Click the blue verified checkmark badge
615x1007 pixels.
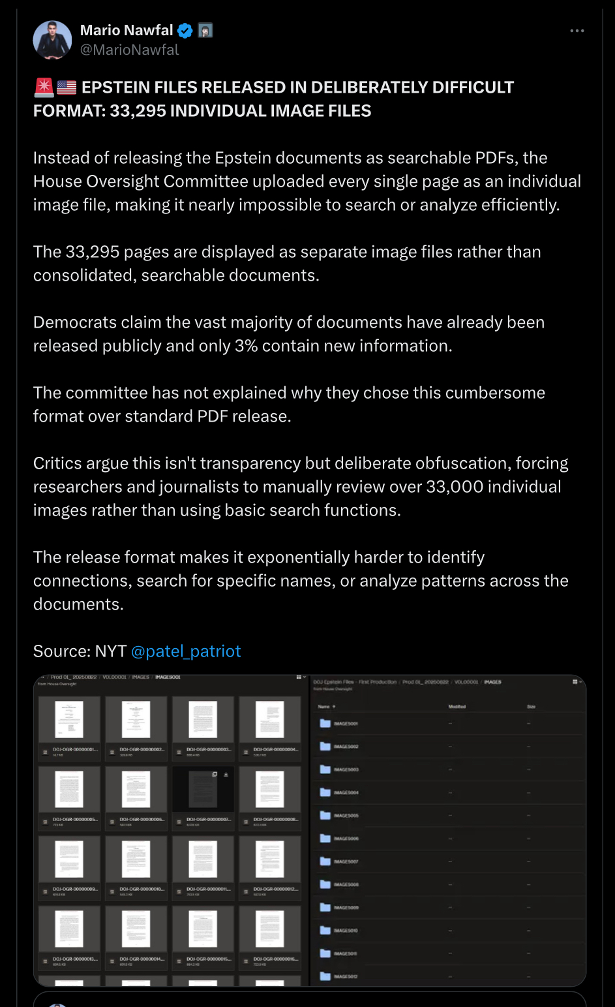click(185, 31)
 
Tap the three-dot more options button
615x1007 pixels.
click(577, 31)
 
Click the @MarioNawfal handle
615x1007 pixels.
click(129, 50)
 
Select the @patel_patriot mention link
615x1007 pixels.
click(186, 651)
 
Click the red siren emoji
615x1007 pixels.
click(44, 87)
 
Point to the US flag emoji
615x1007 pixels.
click(67, 87)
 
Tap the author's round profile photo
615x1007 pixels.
click(52, 40)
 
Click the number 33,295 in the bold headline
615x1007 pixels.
click(138, 111)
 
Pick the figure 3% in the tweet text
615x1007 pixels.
click(246, 346)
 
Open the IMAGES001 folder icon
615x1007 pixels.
click(325, 723)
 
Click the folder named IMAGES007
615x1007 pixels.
click(346, 861)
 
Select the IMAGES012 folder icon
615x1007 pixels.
click(325, 976)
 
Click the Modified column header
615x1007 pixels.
click(457, 707)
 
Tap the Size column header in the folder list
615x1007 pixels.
click(531, 707)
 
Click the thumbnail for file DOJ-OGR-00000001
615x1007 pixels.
click(69, 719)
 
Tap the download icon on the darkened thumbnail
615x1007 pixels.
click(226, 775)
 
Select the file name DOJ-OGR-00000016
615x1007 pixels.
click(275, 959)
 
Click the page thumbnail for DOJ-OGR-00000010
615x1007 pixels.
click(136, 859)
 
